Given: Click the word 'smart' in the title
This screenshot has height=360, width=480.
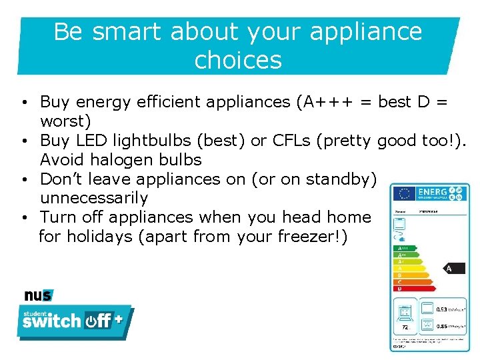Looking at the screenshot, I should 127,31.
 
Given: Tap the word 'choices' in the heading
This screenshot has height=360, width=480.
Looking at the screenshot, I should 238,60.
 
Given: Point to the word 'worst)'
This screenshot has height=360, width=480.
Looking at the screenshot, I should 65,121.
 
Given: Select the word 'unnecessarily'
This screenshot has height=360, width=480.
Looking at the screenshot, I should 94,198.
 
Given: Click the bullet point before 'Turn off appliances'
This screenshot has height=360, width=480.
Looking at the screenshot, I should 23,218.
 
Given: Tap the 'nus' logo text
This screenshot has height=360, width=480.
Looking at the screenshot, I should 38,295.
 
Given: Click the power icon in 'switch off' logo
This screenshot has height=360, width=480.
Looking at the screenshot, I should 90,321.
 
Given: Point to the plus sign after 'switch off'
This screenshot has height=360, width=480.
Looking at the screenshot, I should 119,319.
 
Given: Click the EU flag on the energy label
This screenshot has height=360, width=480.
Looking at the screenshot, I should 403,193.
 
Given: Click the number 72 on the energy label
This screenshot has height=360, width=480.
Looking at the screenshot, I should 405,327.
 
